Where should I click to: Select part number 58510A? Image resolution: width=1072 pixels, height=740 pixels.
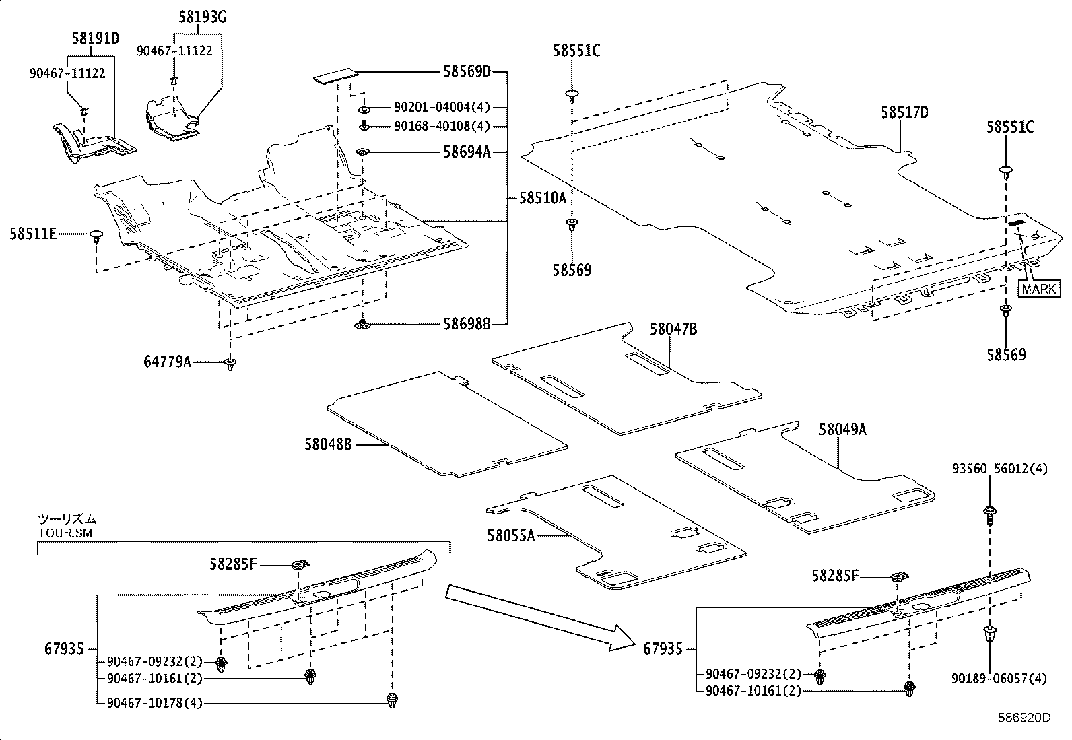click(543, 198)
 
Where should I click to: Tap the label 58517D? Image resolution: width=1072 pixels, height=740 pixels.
click(904, 112)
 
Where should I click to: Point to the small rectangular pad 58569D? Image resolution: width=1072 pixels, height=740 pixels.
click(335, 77)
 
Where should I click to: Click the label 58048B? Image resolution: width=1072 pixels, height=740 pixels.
click(328, 444)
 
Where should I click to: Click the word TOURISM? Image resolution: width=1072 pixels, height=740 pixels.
click(65, 532)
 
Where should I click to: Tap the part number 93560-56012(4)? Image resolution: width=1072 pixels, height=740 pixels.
click(1000, 469)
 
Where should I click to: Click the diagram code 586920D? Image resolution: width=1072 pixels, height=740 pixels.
click(1024, 717)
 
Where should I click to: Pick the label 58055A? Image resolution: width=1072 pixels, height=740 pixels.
click(511, 535)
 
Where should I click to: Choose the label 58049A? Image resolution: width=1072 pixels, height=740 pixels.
click(842, 429)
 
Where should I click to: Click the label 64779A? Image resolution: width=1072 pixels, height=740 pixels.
click(167, 362)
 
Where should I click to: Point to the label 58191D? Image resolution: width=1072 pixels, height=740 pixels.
click(95, 38)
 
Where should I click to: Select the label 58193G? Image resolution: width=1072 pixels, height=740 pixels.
click(202, 18)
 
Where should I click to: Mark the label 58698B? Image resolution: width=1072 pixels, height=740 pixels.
click(466, 324)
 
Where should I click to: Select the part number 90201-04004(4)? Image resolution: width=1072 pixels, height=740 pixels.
click(442, 108)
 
